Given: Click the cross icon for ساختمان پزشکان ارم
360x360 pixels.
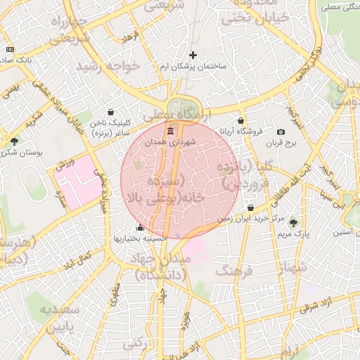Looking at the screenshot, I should (193, 55).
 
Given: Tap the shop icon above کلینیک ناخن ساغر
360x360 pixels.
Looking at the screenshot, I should (110, 112).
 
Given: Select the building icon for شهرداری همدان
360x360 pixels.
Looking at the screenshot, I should (170, 131).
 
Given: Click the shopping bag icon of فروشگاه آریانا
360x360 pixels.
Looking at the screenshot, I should (241, 120).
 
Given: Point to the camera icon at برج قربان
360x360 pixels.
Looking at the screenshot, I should (281, 132).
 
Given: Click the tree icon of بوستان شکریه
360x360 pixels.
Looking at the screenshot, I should (14, 141).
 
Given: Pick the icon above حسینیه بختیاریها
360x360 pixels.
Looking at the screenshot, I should (140, 227).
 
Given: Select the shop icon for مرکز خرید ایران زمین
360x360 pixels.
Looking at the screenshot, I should (251, 208).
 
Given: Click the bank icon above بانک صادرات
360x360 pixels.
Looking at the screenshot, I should (9, 49).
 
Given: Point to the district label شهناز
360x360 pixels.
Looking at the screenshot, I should (292, 268).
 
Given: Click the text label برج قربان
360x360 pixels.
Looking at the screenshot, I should (282, 143).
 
